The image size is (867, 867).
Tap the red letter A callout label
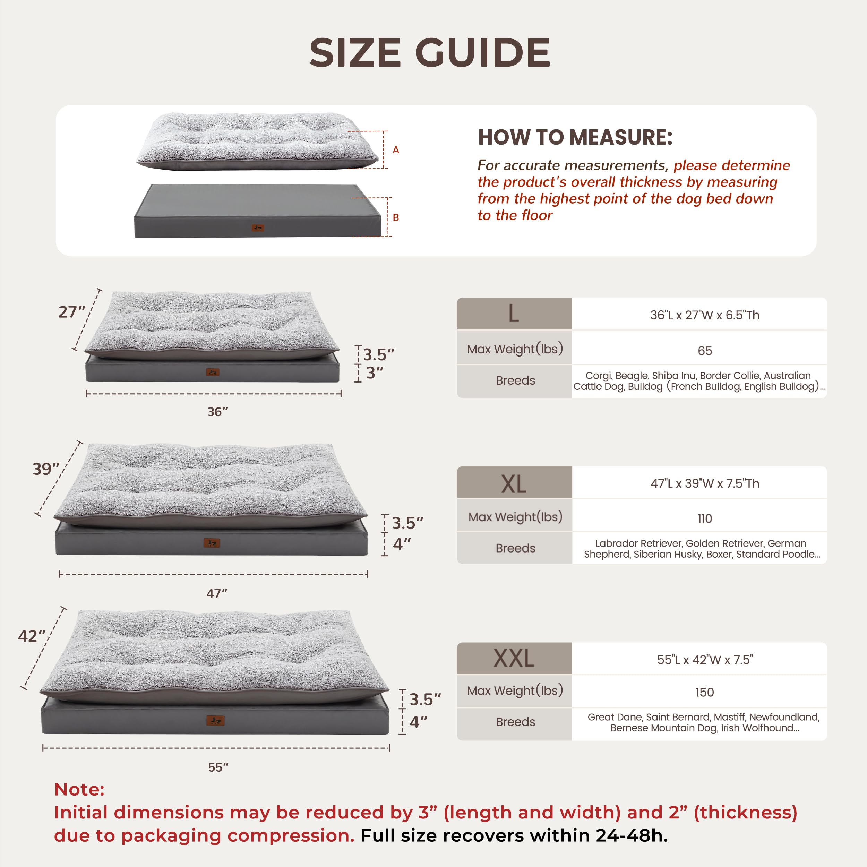tap(396, 150)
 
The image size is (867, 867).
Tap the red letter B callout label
tap(396, 217)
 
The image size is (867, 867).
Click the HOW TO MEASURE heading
tap(575, 137)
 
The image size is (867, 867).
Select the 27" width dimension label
tap(71, 312)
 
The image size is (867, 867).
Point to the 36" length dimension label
tap(218, 412)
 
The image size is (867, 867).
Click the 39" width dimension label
tap(46, 469)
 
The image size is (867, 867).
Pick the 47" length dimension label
tap(217, 593)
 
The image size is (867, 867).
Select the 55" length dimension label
tap(218, 767)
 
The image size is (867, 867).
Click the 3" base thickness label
tap(375, 373)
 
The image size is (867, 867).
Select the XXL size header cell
tap(514, 658)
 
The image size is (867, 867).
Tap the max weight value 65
tap(705, 351)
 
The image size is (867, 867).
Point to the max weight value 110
tap(705, 518)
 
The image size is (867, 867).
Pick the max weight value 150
tap(705, 692)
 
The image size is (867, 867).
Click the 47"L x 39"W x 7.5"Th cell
tap(705, 483)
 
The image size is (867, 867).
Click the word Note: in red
tap(79, 789)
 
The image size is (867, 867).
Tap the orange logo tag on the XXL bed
tap(215, 721)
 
